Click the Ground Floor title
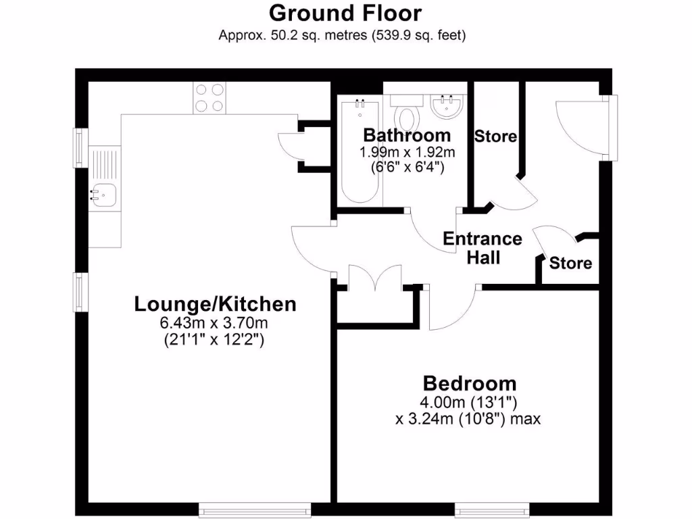pos(345,14)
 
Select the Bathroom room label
pos(407,134)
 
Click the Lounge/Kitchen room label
pos(215,304)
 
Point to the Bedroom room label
pos(469,384)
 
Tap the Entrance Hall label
pos(482,247)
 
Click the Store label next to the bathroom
pos(495,137)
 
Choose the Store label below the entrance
pos(570,263)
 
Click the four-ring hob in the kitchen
pos(209,97)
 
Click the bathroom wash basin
pos(447,105)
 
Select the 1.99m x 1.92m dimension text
pos(407,151)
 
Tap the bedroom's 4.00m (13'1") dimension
pos(469,403)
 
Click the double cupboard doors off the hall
pos(375,278)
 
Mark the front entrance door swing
pos(578,125)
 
